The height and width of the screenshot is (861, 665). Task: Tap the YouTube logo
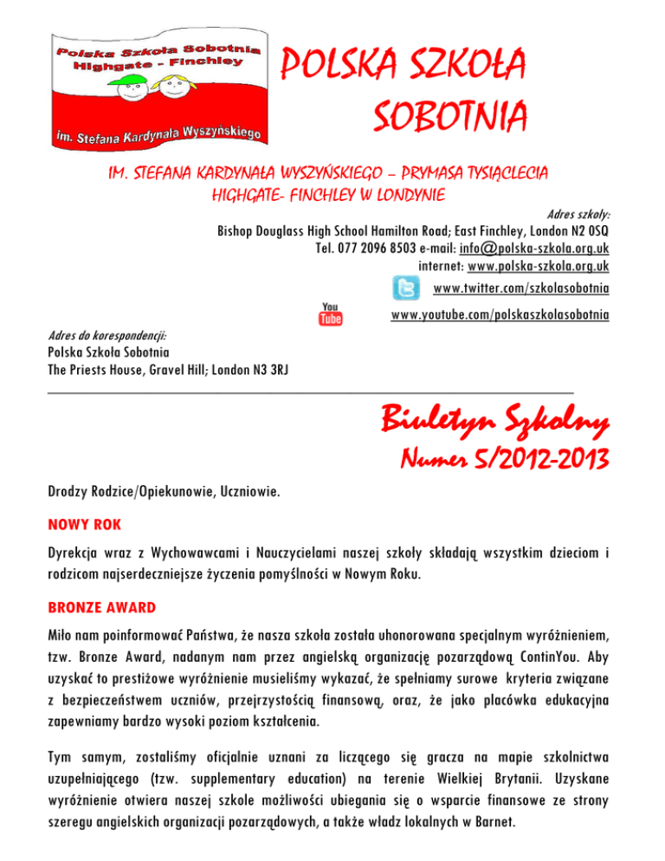tap(331, 314)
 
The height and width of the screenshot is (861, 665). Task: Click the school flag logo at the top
tap(155, 84)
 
